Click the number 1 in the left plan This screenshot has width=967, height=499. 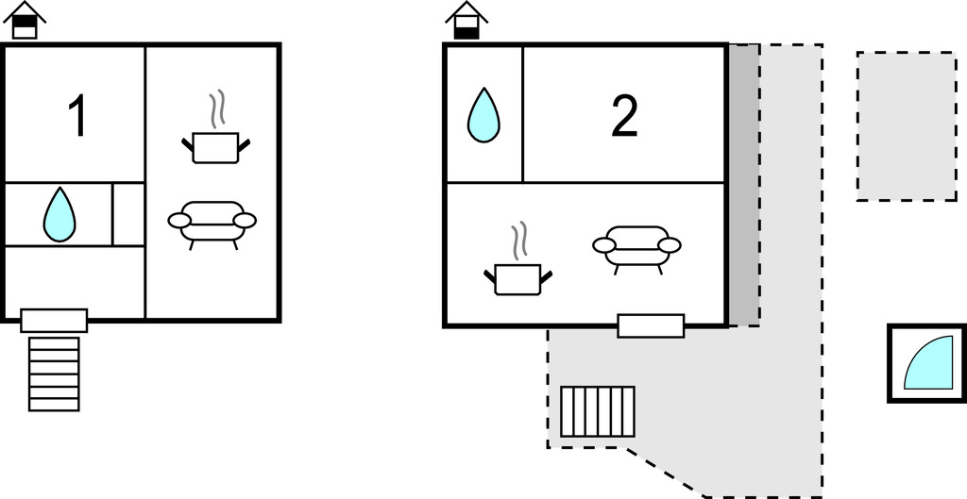click(x=78, y=117)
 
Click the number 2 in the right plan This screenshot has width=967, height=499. click(x=624, y=116)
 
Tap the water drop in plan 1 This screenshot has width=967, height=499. click(x=59, y=214)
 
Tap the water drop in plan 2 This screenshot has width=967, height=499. click(x=483, y=115)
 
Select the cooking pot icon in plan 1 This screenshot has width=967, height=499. click(x=215, y=146)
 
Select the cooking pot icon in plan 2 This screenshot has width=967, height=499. click(x=517, y=277)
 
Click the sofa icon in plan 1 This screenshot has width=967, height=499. click(x=212, y=223)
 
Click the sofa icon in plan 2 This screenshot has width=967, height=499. click(x=636, y=247)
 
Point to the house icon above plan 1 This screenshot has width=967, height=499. click(x=25, y=21)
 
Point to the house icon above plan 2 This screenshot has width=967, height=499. click(x=467, y=21)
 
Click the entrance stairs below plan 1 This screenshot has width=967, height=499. click(x=54, y=374)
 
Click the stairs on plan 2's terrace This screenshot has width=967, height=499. click(x=598, y=411)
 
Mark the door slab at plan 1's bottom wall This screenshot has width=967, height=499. click(x=54, y=320)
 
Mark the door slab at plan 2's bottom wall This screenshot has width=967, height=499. click(x=651, y=325)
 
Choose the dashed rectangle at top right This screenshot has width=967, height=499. click(x=906, y=125)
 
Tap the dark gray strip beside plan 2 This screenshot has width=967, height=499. click(x=744, y=184)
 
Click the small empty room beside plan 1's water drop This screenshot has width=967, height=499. click(x=128, y=214)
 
